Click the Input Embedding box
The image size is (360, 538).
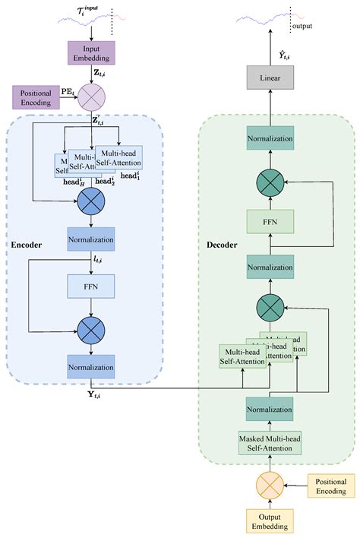click(x=91, y=52)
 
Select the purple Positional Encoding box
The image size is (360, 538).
click(x=36, y=97)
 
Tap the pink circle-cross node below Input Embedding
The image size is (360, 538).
click(x=91, y=97)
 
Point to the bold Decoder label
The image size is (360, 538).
click(x=223, y=245)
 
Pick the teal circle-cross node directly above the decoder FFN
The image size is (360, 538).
click(x=270, y=182)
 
